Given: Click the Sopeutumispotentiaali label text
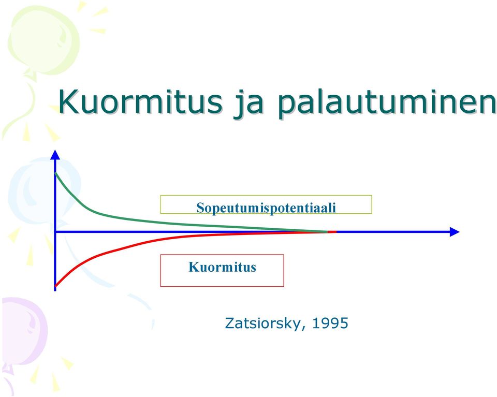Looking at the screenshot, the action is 266,208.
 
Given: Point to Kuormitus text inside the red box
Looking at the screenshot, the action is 222,267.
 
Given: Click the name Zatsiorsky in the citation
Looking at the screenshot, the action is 263,324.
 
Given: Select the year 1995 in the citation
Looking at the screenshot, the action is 330,323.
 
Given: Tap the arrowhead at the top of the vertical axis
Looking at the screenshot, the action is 55,155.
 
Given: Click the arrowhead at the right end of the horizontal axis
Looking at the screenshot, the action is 455,232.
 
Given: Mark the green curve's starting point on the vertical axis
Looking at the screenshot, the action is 55,173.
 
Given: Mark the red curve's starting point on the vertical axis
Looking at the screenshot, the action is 55,286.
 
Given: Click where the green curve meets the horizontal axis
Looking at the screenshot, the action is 327,231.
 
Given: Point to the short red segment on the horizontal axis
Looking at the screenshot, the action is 332,232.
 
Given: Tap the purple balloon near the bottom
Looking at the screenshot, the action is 24,331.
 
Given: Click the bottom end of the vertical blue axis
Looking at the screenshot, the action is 55,290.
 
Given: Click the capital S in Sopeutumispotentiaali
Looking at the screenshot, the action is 200,208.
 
